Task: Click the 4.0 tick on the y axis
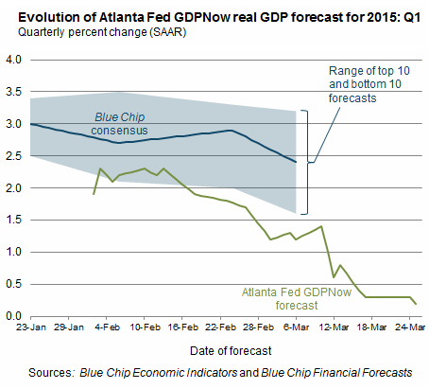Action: (x=13, y=60)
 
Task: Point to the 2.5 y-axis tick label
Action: (x=13, y=156)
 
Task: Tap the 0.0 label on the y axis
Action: (x=13, y=316)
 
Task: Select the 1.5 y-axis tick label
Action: (x=13, y=220)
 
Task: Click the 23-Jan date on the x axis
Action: (x=31, y=327)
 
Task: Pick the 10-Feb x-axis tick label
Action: (x=145, y=327)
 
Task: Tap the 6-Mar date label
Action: (x=296, y=327)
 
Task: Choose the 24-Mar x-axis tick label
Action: (x=410, y=327)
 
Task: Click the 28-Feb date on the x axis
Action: (x=258, y=327)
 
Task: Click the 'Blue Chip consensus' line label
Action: (x=119, y=124)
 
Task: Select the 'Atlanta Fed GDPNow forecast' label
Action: (x=297, y=299)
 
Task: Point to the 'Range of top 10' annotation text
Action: (x=369, y=71)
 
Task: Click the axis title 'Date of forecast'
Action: (x=231, y=351)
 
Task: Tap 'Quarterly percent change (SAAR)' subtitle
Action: (x=102, y=32)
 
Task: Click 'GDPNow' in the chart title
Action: (x=201, y=17)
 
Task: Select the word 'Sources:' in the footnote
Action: (x=51, y=373)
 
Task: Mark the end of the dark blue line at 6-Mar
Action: (x=296, y=162)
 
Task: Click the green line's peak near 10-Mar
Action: (x=321, y=226)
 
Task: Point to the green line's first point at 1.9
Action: (x=94, y=194)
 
